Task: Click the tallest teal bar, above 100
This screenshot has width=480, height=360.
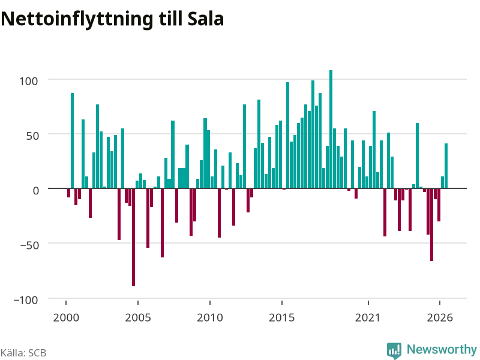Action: point(331,129)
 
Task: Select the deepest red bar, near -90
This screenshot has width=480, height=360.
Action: point(133,237)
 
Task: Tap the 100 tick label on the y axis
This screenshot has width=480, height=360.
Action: point(28,81)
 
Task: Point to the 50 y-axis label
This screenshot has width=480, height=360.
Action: point(32,136)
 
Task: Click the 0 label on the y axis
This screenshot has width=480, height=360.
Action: point(36,190)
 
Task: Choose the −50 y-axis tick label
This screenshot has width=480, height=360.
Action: point(29,245)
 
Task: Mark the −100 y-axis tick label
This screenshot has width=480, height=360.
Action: point(26,300)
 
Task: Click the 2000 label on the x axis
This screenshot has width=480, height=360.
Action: point(66,317)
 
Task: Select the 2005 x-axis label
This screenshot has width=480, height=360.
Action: point(138,317)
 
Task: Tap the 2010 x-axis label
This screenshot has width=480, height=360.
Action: point(210,317)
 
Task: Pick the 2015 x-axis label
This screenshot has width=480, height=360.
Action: point(282,317)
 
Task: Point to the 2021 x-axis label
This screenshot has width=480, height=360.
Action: point(368,317)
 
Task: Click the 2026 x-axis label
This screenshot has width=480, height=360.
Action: point(440,317)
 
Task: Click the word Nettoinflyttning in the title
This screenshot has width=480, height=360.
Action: point(77,19)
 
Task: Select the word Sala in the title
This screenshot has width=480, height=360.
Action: point(205,19)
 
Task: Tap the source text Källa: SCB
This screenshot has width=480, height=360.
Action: point(23,353)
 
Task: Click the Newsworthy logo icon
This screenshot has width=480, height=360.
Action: point(394,350)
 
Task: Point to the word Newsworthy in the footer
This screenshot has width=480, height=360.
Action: point(442,349)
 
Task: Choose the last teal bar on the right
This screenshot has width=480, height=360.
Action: point(446,166)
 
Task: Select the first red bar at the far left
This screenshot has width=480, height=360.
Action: point(68,193)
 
